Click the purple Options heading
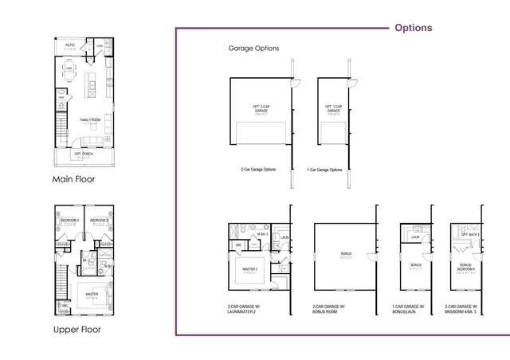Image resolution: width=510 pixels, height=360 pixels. (414, 28)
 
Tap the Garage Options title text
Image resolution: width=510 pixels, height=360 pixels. (253, 49)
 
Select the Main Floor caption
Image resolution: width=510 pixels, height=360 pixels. (73, 179)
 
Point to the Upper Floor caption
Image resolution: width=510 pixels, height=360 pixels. (76, 329)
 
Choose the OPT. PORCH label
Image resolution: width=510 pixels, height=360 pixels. (84, 153)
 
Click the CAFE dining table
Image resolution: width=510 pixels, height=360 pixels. (70, 68)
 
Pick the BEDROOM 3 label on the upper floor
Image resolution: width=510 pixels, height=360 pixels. (70, 220)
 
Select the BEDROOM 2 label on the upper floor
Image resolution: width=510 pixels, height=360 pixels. (99, 220)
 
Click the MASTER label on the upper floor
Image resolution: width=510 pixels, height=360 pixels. (92, 294)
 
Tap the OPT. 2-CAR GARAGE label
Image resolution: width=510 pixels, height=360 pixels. (261, 109)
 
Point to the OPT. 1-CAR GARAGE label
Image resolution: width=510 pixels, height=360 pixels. (333, 109)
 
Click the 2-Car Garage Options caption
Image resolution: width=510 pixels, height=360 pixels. (258, 170)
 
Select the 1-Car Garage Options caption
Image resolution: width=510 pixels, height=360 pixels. (324, 170)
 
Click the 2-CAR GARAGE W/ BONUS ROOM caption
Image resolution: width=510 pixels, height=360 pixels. (331, 310)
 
